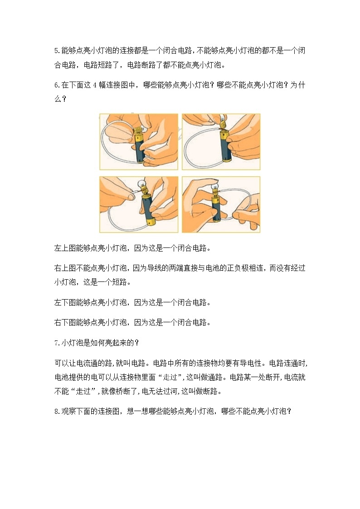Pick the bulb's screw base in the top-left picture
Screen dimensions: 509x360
point(137,133)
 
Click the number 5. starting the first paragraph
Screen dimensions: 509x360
point(57,50)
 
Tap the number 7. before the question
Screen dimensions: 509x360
point(57,343)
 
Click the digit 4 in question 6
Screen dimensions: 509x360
point(95,84)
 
